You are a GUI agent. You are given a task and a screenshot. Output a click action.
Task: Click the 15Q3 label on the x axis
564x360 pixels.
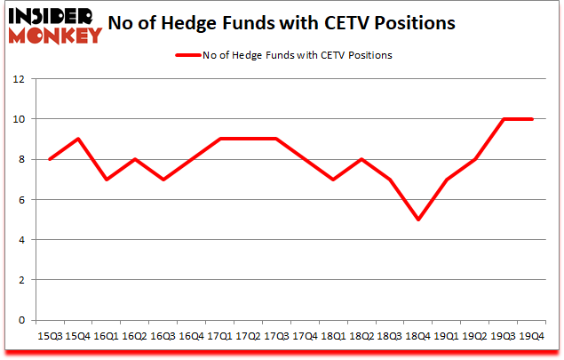click(x=49, y=337)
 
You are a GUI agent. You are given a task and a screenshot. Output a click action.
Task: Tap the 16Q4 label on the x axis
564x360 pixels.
click(x=192, y=337)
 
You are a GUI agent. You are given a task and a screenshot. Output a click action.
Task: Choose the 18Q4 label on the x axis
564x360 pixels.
click(x=417, y=337)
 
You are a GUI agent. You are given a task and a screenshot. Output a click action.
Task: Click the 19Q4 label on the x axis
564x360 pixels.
click(x=532, y=337)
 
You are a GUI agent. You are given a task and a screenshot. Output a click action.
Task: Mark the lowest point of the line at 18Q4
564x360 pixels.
click(x=417, y=220)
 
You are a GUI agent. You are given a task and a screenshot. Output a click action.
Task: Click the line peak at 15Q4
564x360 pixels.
click(x=77, y=139)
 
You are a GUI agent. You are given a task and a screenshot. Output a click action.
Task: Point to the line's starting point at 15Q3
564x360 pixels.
click(x=49, y=159)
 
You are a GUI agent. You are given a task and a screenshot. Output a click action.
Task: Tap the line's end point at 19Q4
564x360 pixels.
click(x=532, y=119)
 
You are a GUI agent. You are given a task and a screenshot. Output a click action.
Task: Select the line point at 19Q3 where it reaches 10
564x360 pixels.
click(x=504, y=119)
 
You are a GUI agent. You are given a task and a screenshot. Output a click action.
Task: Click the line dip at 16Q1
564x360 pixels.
click(x=106, y=180)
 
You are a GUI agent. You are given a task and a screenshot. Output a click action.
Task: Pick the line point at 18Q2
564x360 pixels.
click(x=361, y=159)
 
